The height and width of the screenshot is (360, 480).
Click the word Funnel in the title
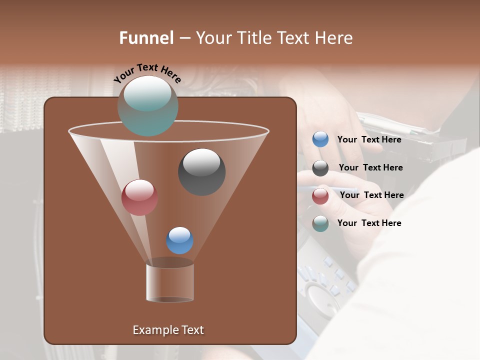146,38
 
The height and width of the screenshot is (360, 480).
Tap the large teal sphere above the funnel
147,105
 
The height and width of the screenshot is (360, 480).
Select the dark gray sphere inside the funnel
201,172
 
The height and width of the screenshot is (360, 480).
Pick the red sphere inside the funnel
139,197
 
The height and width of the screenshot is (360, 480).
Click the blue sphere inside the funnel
179,240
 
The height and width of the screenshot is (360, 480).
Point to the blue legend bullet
320,139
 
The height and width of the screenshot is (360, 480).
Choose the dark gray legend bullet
320,168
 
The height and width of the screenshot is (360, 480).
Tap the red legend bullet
320,196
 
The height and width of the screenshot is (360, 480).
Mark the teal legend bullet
320,223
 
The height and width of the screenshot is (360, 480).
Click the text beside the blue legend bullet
369,139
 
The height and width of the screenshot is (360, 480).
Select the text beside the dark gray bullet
370,167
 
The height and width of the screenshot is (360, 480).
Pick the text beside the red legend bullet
371,195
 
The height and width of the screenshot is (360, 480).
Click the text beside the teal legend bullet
369,223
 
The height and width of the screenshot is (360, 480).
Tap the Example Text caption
168,330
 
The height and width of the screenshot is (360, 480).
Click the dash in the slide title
184,38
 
